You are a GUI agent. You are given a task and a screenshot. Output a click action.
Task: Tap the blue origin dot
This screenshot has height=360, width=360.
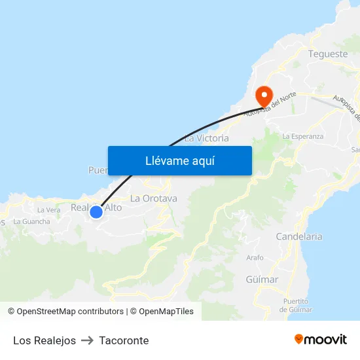pyautogui.click(x=96, y=211)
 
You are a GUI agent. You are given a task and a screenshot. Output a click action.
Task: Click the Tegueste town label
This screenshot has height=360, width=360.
pyautogui.click(x=327, y=54)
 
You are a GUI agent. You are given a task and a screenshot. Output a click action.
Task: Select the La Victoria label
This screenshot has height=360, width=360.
pyautogui.click(x=207, y=138)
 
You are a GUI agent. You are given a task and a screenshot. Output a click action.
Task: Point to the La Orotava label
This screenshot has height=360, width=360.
pyautogui.click(x=154, y=198)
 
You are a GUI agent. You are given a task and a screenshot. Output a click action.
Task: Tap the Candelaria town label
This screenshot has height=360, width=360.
pyautogui.click(x=298, y=236)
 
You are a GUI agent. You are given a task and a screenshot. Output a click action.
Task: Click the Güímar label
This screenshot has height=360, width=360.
pyautogui.click(x=262, y=279)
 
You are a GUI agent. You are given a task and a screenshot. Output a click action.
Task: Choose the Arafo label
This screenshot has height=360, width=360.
pyautogui.click(x=255, y=258)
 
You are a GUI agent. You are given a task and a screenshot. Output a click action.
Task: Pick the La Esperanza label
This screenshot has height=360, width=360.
pyautogui.click(x=302, y=136)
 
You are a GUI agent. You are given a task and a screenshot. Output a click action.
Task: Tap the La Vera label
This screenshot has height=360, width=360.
pyautogui.click(x=49, y=210)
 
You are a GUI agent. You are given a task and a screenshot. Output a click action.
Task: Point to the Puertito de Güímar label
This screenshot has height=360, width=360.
pyautogui.click(x=296, y=305)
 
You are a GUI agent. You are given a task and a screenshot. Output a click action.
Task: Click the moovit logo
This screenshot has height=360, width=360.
pyautogui.click(x=321, y=340)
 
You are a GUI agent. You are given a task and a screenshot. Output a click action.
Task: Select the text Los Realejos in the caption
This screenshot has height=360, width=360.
pyautogui.click(x=45, y=340)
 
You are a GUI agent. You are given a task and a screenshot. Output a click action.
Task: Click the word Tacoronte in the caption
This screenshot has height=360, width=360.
pyautogui.click(x=124, y=340)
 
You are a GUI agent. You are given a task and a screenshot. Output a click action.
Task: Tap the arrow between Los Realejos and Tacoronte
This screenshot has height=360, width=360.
pyautogui.click(x=88, y=340)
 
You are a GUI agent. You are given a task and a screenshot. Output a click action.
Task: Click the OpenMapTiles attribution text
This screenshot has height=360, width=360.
pyautogui.click(x=162, y=312)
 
